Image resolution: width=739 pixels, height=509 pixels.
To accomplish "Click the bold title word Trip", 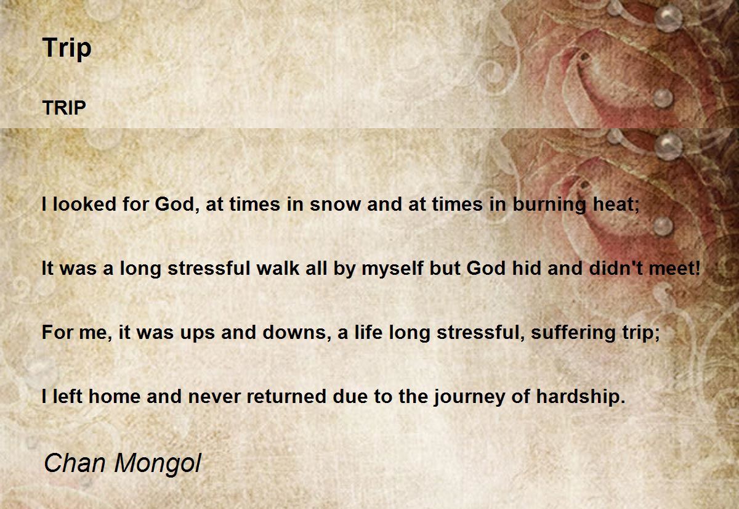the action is click(x=67, y=48).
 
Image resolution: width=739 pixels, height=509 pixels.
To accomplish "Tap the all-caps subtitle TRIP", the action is click(x=64, y=108).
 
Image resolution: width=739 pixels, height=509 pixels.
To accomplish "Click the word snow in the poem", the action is click(x=335, y=204).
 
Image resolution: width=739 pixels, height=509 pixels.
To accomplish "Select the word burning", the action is click(x=549, y=205).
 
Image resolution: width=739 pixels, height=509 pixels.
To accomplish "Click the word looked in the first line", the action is click(x=84, y=204).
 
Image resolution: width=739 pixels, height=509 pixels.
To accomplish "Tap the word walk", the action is click(x=278, y=267).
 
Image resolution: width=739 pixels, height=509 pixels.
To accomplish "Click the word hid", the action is click(x=526, y=267).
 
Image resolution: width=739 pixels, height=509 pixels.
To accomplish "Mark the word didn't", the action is click(x=616, y=267).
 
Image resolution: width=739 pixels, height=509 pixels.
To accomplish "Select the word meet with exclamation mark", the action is click(x=674, y=268).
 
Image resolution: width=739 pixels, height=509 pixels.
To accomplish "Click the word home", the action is click(x=115, y=396).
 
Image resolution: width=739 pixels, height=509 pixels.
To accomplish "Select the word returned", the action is click(x=286, y=396).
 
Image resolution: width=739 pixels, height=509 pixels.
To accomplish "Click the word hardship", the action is click(x=581, y=397).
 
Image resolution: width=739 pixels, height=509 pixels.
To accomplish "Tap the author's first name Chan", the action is click(x=75, y=463).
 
